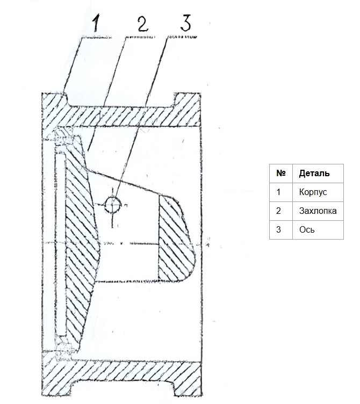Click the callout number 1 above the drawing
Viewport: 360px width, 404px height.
(x=96, y=23)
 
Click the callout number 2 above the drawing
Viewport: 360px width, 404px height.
(x=142, y=23)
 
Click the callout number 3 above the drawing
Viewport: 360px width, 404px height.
(x=185, y=23)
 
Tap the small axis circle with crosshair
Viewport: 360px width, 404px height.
(x=113, y=205)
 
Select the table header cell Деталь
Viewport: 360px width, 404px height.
(x=318, y=174)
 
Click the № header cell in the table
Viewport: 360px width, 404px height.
(x=281, y=174)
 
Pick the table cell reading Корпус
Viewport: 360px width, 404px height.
(x=318, y=192)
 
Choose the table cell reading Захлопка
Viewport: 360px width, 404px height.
(x=318, y=211)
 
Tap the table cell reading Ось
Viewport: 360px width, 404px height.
(x=318, y=230)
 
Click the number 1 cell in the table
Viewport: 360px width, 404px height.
(x=281, y=192)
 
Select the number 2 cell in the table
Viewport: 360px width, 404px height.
(x=281, y=211)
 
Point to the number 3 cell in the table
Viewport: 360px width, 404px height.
(x=281, y=230)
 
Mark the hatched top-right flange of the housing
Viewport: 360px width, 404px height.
(x=188, y=110)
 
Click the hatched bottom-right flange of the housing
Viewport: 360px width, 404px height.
(x=188, y=378)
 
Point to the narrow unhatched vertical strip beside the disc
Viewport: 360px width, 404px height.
(x=60, y=243)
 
